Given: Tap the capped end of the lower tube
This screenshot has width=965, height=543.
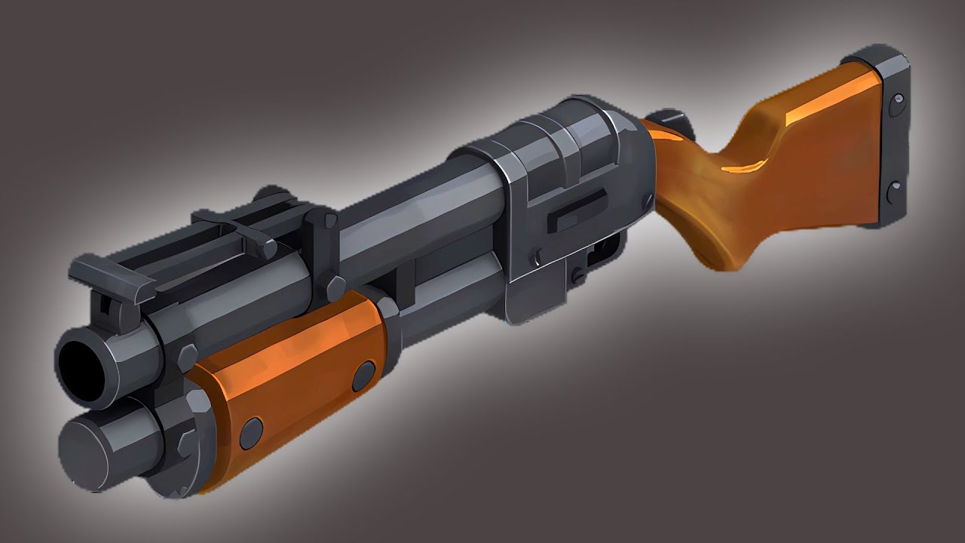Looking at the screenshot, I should pyautogui.click(x=85, y=452).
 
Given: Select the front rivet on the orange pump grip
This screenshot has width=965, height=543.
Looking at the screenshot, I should pyautogui.click(x=251, y=433).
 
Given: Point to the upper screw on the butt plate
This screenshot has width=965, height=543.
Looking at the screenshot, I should pyautogui.click(x=896, y=104).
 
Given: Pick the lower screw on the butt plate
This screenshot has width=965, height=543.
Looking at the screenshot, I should pyautogui.click(x=895, y=192).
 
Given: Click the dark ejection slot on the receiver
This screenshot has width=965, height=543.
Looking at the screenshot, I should pyautogui.click(x=576, y=212).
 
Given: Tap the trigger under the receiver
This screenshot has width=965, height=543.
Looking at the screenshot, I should pyautogui.click(x=604, y=249).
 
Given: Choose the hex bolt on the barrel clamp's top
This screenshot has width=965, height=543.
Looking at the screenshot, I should pyautogui.click(x=329, y=221).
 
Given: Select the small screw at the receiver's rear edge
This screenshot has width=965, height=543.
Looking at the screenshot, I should pyautogui.click(x=646, y=200).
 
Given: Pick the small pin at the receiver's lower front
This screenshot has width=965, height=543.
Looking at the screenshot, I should pyautogui.click(x=537, y=256).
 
